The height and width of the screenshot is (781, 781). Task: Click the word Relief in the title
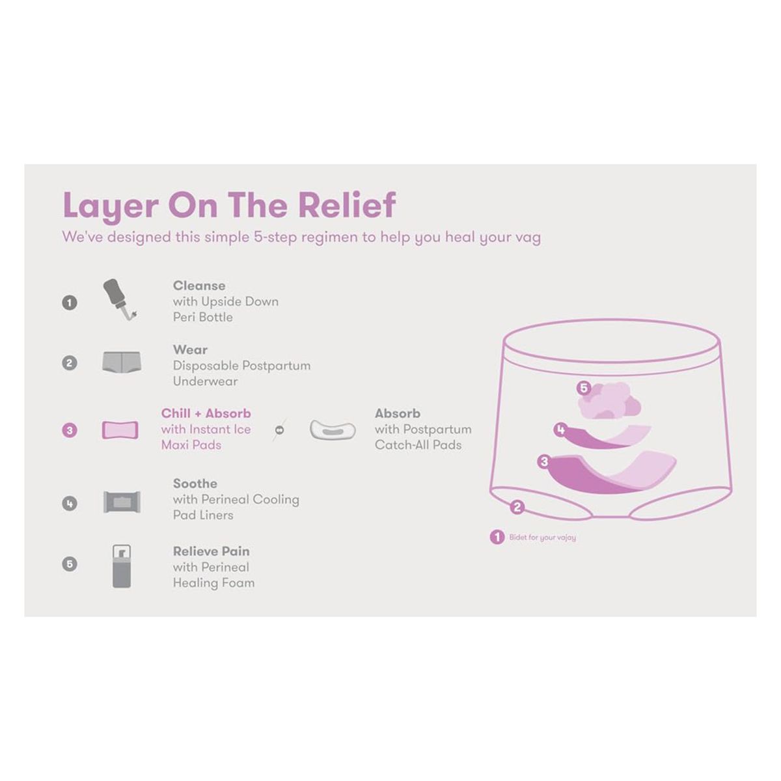[347, 205]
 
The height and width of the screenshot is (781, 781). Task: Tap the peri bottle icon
[120, 299]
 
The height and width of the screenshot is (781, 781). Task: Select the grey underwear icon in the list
[122, 362]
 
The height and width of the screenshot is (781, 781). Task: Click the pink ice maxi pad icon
[120, 430]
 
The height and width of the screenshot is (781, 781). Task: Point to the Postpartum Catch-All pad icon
[333, 430]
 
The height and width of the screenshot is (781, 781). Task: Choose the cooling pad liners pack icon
[122, 502]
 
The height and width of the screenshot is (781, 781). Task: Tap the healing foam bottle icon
[122, 566]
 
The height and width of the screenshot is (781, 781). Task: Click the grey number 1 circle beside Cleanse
[70, 303]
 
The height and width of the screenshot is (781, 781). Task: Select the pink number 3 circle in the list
[70, 430]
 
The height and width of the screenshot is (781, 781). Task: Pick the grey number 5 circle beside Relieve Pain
[70, 564]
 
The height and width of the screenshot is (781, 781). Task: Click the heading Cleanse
[199, 286]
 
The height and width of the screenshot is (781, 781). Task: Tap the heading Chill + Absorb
[206, 413]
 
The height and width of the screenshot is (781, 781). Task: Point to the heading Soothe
[195, 484]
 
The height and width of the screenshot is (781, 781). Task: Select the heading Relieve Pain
[211, 551]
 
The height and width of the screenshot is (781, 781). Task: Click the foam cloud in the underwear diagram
[610, 401]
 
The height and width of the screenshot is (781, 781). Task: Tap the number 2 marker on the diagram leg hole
[517, 507]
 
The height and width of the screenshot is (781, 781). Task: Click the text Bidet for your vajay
[542, 538]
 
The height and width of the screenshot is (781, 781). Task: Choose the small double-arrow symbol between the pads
[279, 430]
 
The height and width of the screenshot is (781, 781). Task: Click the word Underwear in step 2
[205, 381]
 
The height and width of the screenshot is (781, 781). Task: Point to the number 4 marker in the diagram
[560, 430]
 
